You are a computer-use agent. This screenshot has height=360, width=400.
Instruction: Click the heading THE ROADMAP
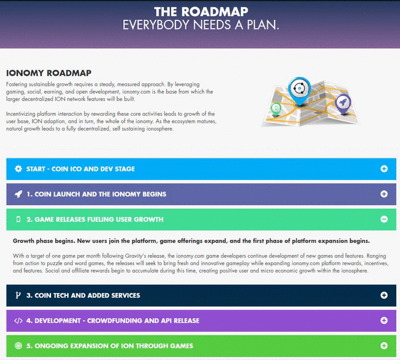(x=201, y=12)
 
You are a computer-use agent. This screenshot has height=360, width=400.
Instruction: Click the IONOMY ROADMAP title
(x=49, y=73)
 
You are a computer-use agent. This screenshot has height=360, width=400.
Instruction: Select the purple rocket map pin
(x=343, y=104)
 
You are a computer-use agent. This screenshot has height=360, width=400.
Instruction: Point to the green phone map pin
(x=276, y=109)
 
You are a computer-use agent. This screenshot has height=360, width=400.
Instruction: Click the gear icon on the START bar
(x=19, y=169)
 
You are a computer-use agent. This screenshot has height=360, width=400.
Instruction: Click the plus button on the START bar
(x=384, y=169)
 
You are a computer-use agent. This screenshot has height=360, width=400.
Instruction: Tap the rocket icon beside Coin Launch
(x=19, y=194)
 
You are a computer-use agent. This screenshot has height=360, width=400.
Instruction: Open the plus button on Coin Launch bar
(x=384, y=194)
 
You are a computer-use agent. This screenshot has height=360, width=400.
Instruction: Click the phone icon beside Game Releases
(x=19, y=219)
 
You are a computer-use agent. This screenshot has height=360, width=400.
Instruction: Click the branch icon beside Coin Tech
(x=18, y=295)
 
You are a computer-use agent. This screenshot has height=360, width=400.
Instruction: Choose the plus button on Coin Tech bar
(x=384, y=295)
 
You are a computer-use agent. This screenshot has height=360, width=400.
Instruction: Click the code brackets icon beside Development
(x=19, y=320)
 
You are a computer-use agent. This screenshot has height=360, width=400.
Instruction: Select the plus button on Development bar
(x=384, y=320)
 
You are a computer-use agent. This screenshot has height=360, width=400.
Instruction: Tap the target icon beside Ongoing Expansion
(x=19, y=346)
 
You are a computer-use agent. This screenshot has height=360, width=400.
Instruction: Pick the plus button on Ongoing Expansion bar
(x=384, y=346)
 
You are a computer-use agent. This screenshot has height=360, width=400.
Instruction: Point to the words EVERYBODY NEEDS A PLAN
(x=201, y=25)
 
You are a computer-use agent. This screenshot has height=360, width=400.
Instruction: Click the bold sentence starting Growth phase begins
(x=192, y=241)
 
